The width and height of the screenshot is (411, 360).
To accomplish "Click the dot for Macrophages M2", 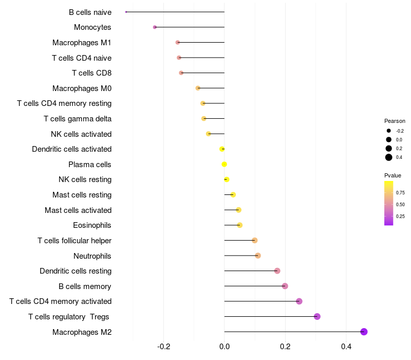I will (364, 332).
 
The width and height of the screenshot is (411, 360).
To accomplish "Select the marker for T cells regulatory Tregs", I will (317, 316).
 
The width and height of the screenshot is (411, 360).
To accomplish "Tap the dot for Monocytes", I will (155, 27).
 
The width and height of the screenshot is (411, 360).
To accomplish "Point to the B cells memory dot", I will (285, 286).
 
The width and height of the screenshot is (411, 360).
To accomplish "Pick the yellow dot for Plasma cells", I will (224, 165).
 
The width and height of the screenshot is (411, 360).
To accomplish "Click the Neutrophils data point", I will (258, 256).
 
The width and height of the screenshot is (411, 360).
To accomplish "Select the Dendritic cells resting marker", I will (277, 271).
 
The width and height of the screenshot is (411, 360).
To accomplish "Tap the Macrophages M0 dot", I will (198, 88).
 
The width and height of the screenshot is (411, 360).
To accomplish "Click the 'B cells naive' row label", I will (90, 12).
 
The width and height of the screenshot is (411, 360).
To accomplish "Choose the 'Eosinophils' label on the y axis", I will (92, 225).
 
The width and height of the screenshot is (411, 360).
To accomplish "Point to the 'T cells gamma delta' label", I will (78, 119).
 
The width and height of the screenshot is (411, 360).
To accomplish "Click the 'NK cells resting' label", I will (85, 179).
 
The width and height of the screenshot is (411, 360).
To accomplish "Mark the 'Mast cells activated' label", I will (78, 210).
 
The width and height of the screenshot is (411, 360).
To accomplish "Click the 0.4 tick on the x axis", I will (346, 346).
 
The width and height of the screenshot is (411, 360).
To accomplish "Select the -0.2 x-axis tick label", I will (163, 346).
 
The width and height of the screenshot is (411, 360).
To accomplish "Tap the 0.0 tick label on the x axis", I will (225, 346).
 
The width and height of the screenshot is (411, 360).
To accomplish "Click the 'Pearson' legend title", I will (395, 121).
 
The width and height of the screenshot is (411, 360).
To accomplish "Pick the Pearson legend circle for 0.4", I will (389, 157).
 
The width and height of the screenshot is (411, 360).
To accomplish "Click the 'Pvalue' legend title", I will (393, 175).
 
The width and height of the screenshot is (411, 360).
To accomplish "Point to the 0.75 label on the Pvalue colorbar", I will (400, 193).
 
